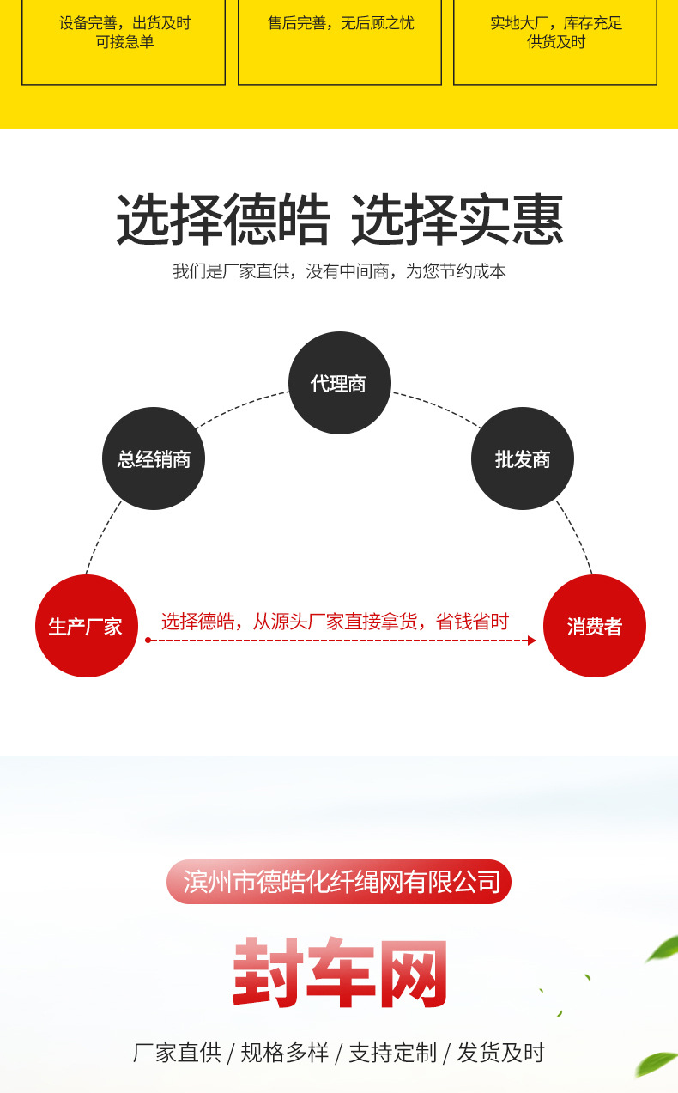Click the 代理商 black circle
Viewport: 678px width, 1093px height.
coord(339,383)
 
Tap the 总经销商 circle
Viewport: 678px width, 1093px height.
coord(154,458)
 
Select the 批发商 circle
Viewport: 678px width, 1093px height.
coord(522,458)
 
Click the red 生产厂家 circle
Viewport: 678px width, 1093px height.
coord(86,626)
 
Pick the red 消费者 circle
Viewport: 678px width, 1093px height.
coord(594,626)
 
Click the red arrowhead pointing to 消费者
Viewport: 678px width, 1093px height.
coord(531,641)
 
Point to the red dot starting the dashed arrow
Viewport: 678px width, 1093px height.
coord(148,641)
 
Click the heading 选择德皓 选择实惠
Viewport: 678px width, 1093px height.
coord(339,221)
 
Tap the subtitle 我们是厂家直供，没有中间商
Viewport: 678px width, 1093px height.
coord(339,271)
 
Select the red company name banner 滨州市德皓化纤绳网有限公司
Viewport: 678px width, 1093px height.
coord(339,882)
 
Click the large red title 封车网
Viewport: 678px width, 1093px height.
coord(339,973)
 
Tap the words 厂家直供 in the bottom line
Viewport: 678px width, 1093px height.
coord(177,1053)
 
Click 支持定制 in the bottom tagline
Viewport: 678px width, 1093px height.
coord(392,1053)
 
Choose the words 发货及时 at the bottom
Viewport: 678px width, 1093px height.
coord(500,1053)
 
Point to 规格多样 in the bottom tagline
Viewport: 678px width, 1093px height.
coord(284,1053)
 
